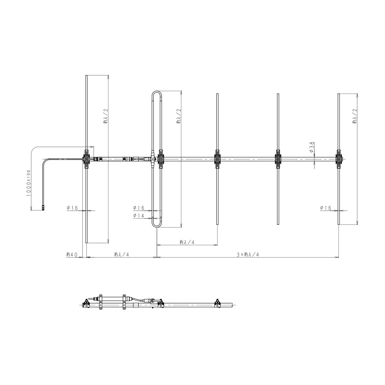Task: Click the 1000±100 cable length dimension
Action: [28, 183]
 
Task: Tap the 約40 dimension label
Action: [72, 254]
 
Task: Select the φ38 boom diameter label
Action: [311, 146]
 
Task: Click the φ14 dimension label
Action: [139, 216]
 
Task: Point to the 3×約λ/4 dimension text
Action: [248, 254]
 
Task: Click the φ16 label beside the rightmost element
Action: [326, 208]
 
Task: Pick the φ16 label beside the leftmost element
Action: [72, 208]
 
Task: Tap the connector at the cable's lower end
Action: [43, 208]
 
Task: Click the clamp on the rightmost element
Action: [339, 159]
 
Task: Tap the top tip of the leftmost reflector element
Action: [86, 75]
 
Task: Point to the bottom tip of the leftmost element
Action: [86, 243]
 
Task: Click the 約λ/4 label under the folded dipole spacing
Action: [187, 242]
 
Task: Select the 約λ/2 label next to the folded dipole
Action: [178, 116]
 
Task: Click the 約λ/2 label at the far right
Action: [354, 116]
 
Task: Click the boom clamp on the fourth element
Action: [278, 159]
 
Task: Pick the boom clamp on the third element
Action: [217, 159]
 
